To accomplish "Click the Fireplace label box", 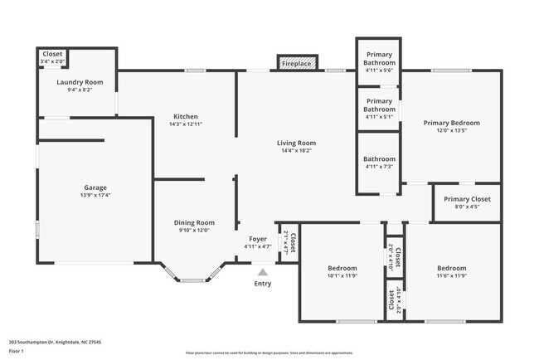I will tap(296, 64).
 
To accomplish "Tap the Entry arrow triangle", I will tap(263, 271).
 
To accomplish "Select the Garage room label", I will tap(95, 187).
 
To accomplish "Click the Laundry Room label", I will tap(80, 82).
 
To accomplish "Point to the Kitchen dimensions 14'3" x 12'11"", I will tap(185, 124).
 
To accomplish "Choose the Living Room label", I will tap(296, 143).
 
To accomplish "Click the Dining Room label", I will tap(194, 222).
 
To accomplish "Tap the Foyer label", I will tap(257, 239).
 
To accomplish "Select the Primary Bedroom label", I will tap(451, 123).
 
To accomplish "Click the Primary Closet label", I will tap(467, 199).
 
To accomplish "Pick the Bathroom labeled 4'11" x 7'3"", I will tap(379, 158).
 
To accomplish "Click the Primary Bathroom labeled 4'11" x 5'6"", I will tap(380, 59).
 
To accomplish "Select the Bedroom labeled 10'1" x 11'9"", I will tap(342, 268).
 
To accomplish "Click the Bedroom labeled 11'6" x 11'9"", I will tap(451, 268).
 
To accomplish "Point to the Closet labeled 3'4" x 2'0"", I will tap(52, 55).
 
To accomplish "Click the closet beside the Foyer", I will tap(290, 241).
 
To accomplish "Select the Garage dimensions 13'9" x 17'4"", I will tap(95, 195).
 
